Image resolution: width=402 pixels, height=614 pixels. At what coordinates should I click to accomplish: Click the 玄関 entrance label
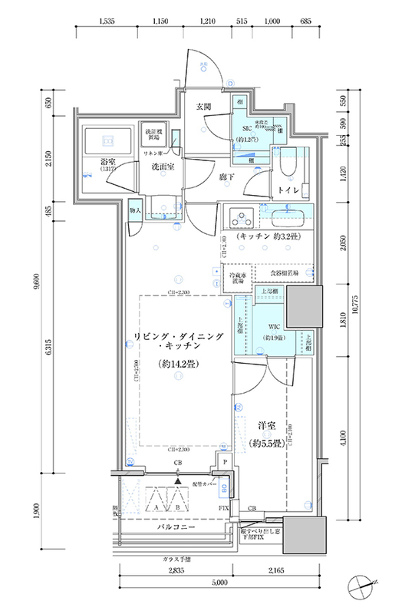click(203, 106)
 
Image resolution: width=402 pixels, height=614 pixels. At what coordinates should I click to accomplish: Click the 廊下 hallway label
click(226, 177)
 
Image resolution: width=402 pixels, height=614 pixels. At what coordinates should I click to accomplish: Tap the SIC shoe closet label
click(247, 129)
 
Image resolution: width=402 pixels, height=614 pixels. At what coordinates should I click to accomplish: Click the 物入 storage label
click(135, 210)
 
